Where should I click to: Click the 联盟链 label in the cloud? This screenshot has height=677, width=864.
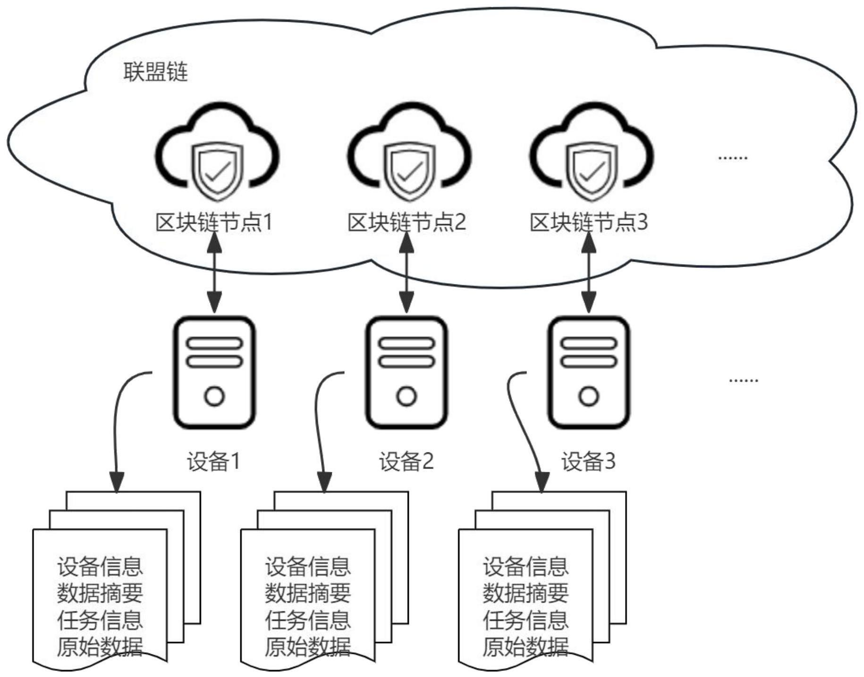tap(155, 72)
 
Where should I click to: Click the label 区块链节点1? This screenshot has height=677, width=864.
tap(214, 222)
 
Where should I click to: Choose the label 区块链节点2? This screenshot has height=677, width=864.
tap(407, 222)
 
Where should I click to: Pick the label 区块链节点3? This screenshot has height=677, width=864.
tap(589, 222)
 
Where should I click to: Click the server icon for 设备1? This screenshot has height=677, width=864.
tap(215, 373)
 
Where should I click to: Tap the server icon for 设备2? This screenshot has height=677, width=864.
tap(407, 373)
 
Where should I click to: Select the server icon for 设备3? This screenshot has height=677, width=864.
tap(589, 373)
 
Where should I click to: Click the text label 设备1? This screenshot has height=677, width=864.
tap(214, 461)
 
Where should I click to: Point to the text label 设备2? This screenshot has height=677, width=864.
tap(406, 461)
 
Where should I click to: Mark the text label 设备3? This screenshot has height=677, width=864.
tap(588, 461)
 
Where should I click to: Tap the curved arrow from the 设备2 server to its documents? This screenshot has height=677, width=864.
tap(317, 425)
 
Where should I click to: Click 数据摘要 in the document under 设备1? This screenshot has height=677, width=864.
tap(100, 593)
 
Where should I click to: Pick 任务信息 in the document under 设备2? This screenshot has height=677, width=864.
tap(308, 620)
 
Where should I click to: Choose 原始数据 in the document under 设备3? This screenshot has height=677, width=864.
tap(525, 646)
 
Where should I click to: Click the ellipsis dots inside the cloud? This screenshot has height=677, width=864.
tap(732, 158)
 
